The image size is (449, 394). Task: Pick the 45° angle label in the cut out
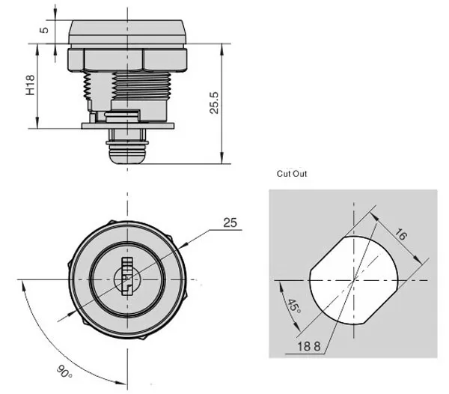[293, 306]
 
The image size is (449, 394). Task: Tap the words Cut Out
[291, 173]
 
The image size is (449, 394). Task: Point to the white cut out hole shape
[352, 278]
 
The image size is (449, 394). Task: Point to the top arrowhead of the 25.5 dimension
[222, 47]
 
